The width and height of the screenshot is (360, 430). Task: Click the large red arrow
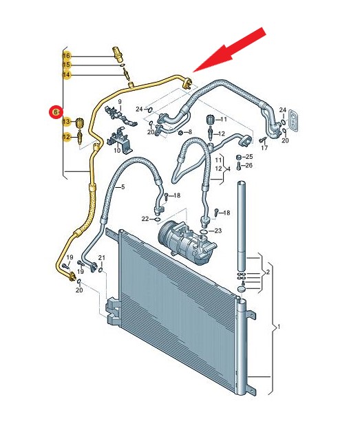[x=229, y=50]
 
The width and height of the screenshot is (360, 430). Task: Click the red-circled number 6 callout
[x=56, y=112]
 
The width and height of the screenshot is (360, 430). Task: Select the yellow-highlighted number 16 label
[x=67, y=56]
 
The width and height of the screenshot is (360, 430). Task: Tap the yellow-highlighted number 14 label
[x=67, y=74]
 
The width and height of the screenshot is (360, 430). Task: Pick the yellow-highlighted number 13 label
[x=67, y=121]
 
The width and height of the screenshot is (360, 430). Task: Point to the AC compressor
[x=187, y=241]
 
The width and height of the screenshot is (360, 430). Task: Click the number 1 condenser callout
[x=279, y=327]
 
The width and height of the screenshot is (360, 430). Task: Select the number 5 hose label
[x=123, y=187]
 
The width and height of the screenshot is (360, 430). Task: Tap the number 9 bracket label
[x=120, y=102]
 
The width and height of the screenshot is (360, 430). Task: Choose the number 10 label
[x=117, y=150]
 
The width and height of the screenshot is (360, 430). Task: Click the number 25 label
[x=249, y=157]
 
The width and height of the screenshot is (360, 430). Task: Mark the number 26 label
[x=249, y=165]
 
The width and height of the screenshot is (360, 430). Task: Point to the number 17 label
[x=264, y=148]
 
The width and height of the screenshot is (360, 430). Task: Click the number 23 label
[x=218, y=230]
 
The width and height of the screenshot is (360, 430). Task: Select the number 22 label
[x=145, y=219]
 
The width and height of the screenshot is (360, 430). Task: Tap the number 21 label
[x=102, y=258]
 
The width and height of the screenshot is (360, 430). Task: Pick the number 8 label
[x=189, y=132]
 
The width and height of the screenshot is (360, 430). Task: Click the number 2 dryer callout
[x=268, y=272]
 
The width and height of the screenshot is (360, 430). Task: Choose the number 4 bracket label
[x=229, y=169]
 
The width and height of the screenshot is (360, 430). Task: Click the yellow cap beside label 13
[x=80, y=122]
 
